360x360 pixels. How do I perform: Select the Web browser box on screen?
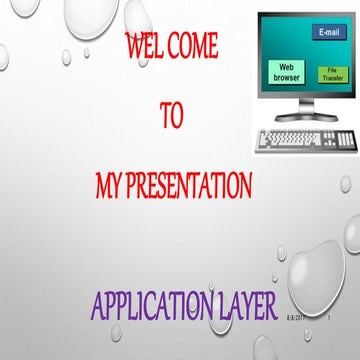click(288, 70)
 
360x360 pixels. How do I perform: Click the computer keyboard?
click(304, 140)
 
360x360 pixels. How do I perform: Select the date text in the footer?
click(296, 318)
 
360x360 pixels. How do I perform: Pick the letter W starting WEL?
click(132, 46)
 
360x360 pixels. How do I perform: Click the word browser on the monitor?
click(288, 76)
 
